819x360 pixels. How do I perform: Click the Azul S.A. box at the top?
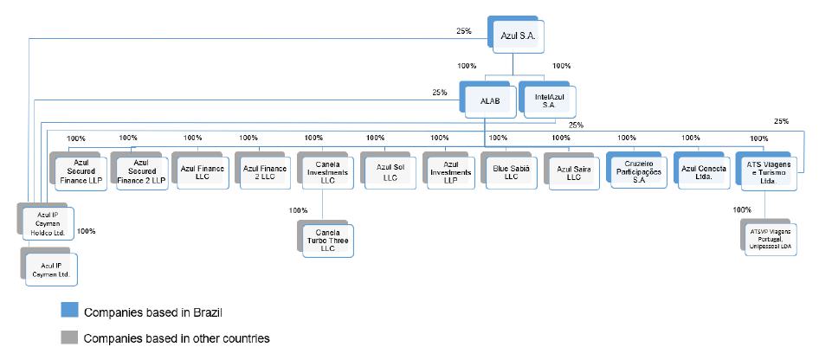(x=516, y=35)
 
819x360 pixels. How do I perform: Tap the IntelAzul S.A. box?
(x=547, y=100)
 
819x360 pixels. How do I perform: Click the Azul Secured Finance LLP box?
(x=78, y=171)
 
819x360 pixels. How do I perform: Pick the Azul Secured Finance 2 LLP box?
(x=139, y=171)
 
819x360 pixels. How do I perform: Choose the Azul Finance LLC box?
(x=200, y=170)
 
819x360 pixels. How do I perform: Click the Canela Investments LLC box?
(x=326, y=170)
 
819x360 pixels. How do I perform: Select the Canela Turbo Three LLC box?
(x=326, y=239)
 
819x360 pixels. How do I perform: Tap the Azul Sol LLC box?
(x=388, y=170)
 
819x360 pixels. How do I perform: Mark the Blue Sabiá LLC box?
(x=509, y=170)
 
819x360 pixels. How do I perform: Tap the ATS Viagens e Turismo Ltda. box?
(x=766, y=170)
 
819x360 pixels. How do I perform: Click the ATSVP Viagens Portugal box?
(x=769, y=237)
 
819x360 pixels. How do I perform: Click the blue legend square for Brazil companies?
(x=69, y=309)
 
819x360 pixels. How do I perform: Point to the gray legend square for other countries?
(x=69, y=337)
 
